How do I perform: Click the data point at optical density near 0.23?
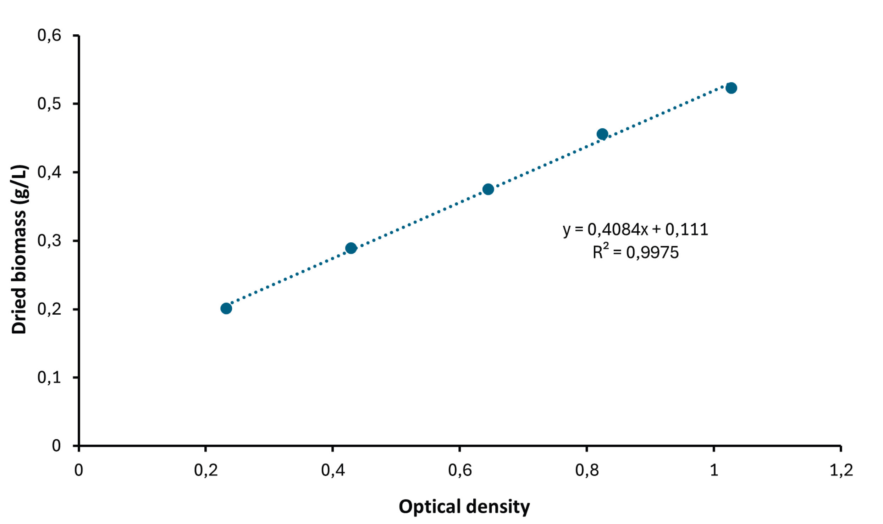pyautogui.click(x=226, y=308)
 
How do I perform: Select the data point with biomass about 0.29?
pyautogui.click(x=351, y=248)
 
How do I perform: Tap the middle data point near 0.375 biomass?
pyautogui.click(x=488, y=189)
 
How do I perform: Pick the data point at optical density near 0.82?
pyautogui.click(x=602, y=134)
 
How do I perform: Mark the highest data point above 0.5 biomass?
pyautogui.click(x=731, y=88)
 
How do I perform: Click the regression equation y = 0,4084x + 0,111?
pyautogui.click(x=635, y=229)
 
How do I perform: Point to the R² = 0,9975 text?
pyautogui.click(x=635, y=252)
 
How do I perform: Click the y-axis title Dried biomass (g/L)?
pyautogui.click(x=19, y=249)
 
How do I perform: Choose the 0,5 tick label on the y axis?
pyautogui.click(x=49, y=103)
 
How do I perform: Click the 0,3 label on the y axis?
pyautogui.click(x=49, y=241)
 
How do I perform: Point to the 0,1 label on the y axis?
pyautogui.click(x=49, y=377)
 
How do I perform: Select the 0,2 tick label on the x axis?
pyautogui.click(x=206, y=470)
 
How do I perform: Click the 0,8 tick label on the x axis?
pyautogui.click(x=587, y=470)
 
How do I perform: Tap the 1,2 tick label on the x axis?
pyautogui.click(x=841, y=470)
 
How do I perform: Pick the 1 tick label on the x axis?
pyautogui.click(x=714, y=470)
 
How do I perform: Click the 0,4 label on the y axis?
pyautogui.click(x=49, y=172)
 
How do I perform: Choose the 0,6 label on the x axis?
pyautogui.click(x=460, y=470)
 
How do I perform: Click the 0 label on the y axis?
pyautogui.click(x=56, y=445)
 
